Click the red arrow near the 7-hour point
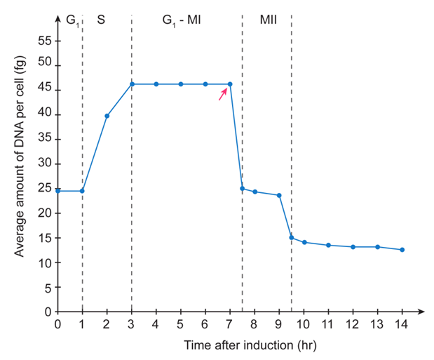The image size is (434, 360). coord(222,95)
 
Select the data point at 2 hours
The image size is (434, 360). coord(107,116)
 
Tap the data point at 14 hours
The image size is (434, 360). coord(402,250)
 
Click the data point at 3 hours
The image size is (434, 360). coord(132,84)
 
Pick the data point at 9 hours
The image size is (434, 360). coord(280,195)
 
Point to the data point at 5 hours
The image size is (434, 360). coord(181,84)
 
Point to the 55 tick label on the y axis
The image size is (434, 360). coord(44,41)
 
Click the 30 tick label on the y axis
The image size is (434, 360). coord(44,164)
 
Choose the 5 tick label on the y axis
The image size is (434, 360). coord(47,287)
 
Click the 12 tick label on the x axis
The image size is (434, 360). coord(353,325)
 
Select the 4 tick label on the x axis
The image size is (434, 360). coord(156,325)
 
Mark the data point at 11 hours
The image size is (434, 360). coord(329,245)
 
